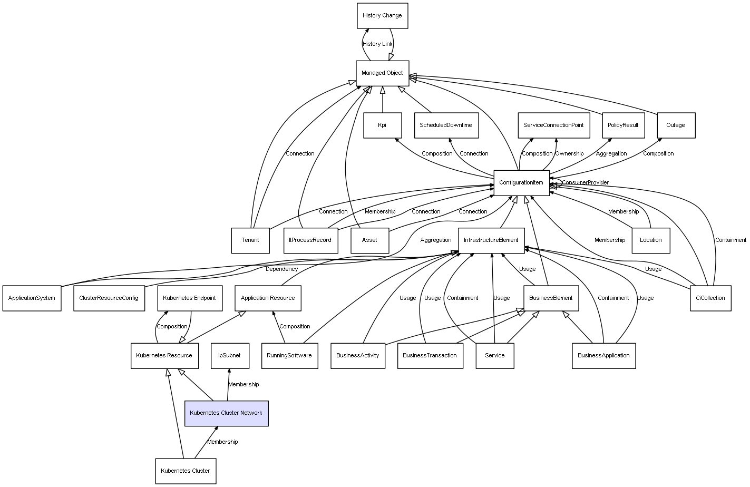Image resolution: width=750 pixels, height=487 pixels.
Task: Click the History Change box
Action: point(382,16)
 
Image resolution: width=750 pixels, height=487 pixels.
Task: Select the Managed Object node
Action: point(382,73)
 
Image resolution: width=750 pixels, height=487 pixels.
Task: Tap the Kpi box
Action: point(382,125)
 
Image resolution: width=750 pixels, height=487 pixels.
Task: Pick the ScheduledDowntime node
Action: point(446,125)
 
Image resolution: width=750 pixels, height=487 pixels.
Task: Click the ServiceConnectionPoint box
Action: point(553,125)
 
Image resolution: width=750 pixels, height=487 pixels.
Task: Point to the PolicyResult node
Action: point(623,125)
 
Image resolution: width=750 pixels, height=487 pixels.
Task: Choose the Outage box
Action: point(676,125)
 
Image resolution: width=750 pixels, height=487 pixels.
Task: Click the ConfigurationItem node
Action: point(521,183)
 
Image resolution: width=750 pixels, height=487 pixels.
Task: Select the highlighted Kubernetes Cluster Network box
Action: point(226,413)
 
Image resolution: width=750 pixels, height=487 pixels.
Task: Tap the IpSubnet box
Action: point(229,356)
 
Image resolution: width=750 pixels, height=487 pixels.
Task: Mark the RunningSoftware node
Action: point(289,356)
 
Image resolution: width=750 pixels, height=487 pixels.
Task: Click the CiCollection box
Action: point(710,298)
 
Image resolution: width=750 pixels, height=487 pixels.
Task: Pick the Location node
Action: point(651,240)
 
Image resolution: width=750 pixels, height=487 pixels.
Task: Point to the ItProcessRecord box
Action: point(310,240)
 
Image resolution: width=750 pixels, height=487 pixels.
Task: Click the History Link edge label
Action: point(377,44)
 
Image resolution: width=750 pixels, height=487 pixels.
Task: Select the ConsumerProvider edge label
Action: point(585,183)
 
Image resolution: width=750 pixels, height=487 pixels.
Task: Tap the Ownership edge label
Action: point(569,154)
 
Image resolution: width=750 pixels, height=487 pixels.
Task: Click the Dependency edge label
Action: point(281,269)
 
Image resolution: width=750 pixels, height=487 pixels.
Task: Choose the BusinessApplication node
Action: point(603,356)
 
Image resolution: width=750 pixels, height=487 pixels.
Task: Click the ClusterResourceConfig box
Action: point(109,298)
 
